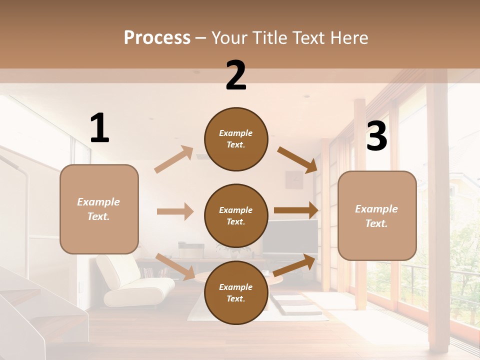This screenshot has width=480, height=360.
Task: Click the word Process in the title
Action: tap(157, 37)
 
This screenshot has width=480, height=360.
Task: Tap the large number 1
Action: tap(99, 128)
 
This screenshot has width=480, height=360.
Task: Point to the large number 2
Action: tap(236, 75)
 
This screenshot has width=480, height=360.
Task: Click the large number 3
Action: tap(376, 136)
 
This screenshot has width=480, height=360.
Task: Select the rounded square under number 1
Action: tap(99, 209)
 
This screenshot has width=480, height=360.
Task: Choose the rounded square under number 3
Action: tap(377, 215)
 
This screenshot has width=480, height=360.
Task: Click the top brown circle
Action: tap(236, 139)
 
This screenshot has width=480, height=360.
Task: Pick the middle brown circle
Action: tap(236, 215)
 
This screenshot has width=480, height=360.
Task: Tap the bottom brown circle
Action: tap(236, 292)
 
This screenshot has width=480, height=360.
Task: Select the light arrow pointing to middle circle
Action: tap(175, 211)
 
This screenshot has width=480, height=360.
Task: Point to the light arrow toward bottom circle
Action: tap(175, 266)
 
